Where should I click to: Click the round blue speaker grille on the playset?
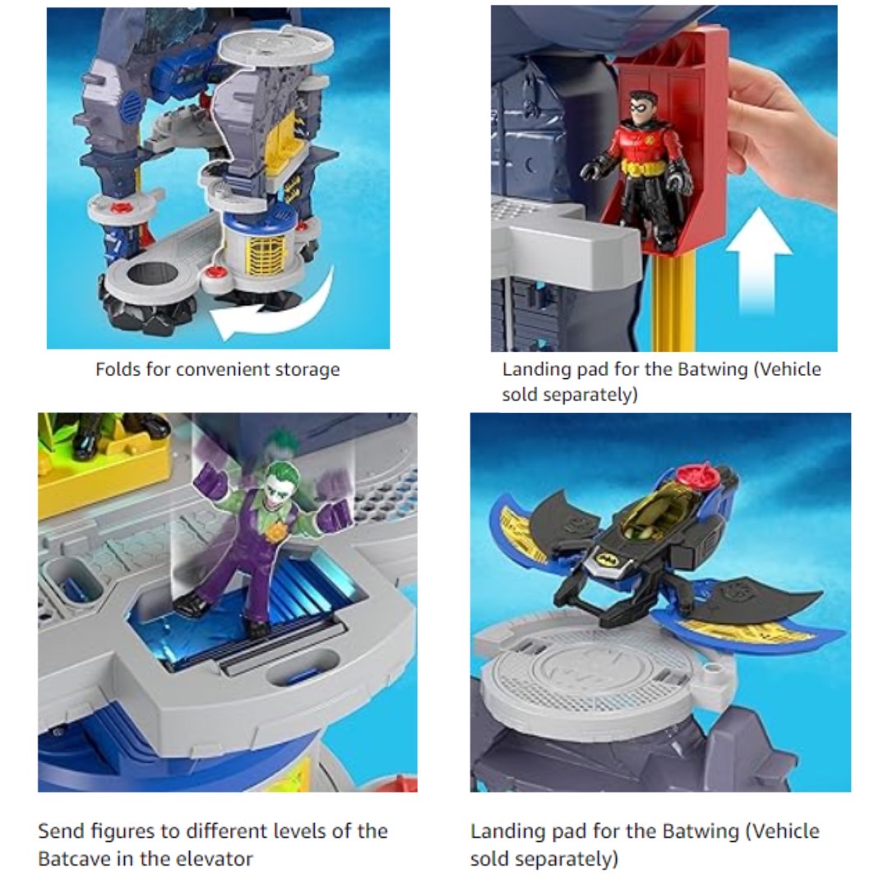pyautogui.click(x=132, y=103)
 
